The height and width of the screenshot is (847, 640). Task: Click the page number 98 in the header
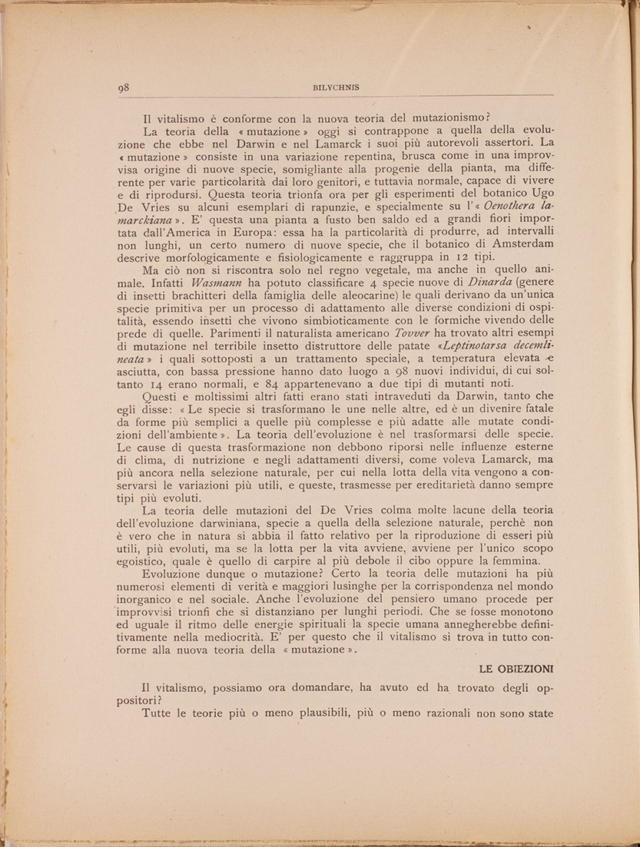[x=124, y=88]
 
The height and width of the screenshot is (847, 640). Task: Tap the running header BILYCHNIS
[x=334, y=88]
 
